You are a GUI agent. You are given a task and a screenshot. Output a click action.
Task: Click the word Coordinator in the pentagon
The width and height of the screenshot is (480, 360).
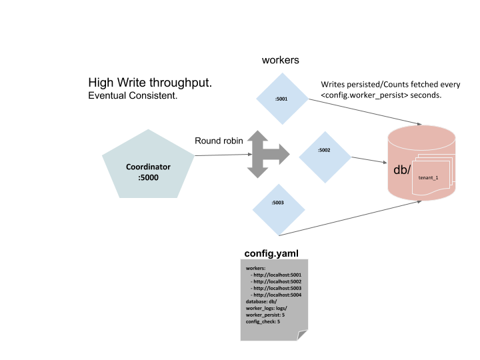tap(148, 167)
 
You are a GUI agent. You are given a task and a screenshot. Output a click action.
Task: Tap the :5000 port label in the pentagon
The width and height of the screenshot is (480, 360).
tap(148, 178)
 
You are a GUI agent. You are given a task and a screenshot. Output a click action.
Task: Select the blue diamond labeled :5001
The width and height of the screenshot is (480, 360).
tap(282, 99)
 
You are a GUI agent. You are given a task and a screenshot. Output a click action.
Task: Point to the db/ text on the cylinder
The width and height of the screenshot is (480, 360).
tap(402, 170)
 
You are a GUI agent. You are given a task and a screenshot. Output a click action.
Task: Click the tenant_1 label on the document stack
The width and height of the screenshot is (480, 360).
tap(428, 178)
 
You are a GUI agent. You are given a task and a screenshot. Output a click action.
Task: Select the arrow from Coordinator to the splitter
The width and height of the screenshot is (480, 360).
tap(220, 155)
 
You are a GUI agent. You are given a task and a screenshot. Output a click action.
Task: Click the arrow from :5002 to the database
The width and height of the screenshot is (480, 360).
tap(369, 160)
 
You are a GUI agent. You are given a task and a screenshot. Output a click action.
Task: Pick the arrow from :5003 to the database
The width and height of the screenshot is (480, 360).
tap(350, 218)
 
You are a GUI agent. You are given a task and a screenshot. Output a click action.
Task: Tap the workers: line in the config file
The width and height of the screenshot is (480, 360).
tap(255, 268)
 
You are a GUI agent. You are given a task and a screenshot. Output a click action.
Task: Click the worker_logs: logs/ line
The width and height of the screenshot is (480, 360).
tap(266, 308)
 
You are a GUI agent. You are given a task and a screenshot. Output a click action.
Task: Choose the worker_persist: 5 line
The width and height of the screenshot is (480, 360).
tap(265, 315)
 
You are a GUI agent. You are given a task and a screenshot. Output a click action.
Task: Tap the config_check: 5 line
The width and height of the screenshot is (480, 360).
tap(263, 321)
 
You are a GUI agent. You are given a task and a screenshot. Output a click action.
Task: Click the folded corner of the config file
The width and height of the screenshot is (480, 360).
tap(303, 335)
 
